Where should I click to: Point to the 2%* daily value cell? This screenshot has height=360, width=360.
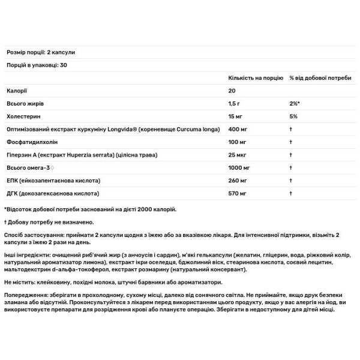[x=295, y=104]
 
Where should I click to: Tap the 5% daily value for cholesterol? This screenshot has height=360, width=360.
[x=293, y=116]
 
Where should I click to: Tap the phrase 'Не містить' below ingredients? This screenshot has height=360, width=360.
[x=19, y=281]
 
